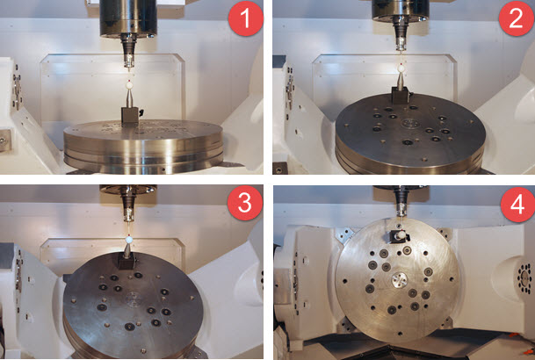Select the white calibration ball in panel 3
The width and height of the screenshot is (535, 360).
(128, 238)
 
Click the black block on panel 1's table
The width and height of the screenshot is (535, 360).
(130, 118)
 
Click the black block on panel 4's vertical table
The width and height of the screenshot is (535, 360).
(400, 235)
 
